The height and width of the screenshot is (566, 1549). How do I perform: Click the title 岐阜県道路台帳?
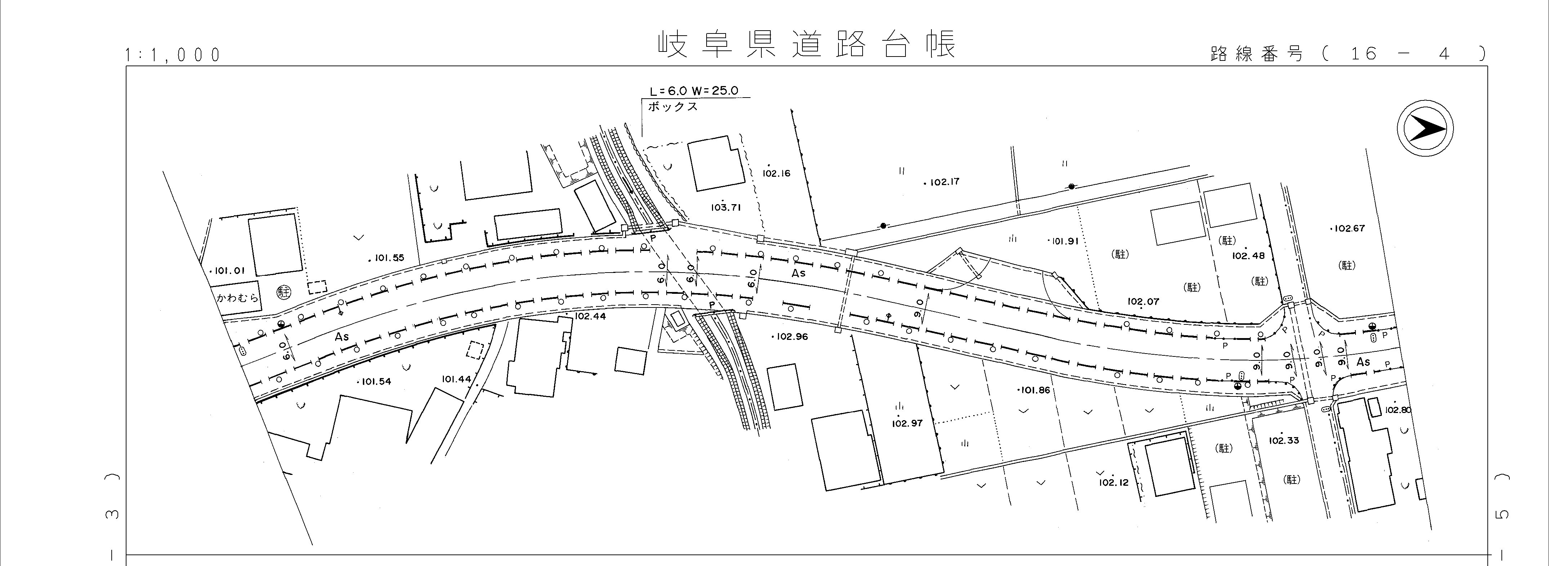point(806,45)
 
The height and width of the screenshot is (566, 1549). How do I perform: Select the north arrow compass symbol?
point(1425,129)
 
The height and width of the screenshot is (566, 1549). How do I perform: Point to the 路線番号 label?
point(1257,54)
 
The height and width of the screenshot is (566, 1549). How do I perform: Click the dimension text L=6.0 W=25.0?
point(693,91)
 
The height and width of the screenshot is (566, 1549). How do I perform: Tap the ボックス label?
point(673,107)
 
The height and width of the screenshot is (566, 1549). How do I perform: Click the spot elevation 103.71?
point(726,208)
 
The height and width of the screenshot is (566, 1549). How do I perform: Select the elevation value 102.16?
point(776,174)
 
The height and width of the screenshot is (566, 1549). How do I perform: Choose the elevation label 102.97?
point(907,423)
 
